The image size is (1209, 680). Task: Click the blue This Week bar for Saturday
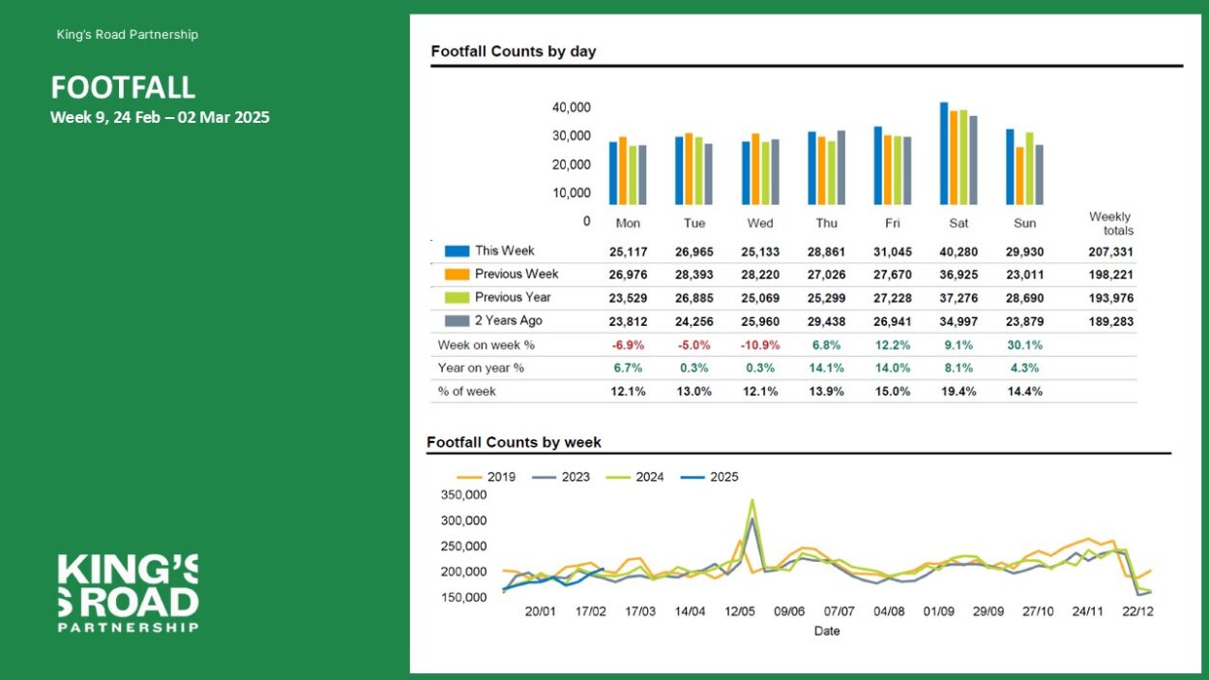pyautogui.click(x=944, y=154)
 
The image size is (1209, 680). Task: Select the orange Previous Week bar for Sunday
pyautogui.click(x=1019, y=176)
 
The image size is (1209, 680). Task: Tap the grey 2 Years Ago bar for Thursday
pyautogui.click(x=840, y=168)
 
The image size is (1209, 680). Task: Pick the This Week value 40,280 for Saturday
pyautogui.click(x=958, y=252)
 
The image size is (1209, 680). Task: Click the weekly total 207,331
pyautogui.click(x=1110, y=252)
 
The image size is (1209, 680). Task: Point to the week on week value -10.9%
pyautogui.click(x=760, y=345)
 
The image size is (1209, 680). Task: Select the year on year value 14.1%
pyautogui.click(x=826, y=369)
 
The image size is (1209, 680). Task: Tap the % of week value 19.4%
pyautogui.click(x=958, y=392)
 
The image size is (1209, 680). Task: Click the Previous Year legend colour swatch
pyautogui.click(x=457, y=297)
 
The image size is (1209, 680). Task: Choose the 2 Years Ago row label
pyautogui.click(x=509, y=320)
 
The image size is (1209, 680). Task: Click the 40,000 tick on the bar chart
pyautogui.click(x=571, y=107)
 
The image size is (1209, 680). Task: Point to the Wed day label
pyautogui.click(x=760, y=223)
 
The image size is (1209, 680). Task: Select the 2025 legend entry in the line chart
pyautogui.click(x=709, y=477)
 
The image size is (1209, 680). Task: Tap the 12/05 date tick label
pyautogui.click(x=740, y=611)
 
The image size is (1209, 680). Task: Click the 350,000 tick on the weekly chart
pyautogui.click(x=463, y=495)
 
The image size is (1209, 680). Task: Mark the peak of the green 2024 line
pyautogui.click(x=752, y=500)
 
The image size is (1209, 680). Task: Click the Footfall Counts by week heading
pyautogui.click(x=514, y=443)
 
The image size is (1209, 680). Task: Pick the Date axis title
pyautogui.click(x=827, y=631)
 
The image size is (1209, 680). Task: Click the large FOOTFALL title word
pyautogui.click(x=123, y=87)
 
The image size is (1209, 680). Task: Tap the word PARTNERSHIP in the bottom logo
pyautogui.click(x=128, y=628)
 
